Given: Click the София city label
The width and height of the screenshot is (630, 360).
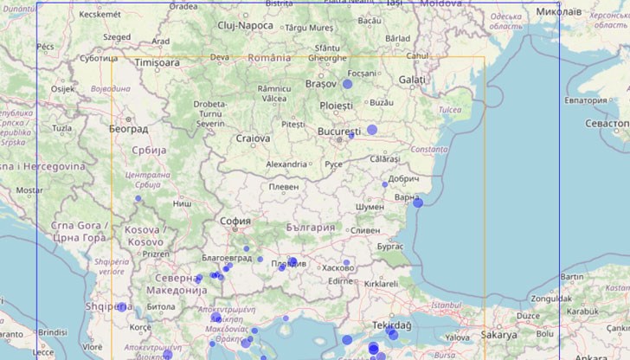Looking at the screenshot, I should [x=235, y=221].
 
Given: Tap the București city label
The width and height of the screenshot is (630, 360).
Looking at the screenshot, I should [x=337, y=132].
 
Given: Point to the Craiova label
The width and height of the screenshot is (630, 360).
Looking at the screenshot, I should [x=253, y=138].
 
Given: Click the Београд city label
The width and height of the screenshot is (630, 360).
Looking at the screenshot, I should [x=128, y=129].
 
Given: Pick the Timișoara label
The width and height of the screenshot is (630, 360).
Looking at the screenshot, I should [x=157, y=63].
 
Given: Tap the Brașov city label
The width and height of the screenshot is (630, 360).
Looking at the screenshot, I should [x=320, y=84].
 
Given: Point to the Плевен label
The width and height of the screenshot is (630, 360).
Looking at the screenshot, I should [x=284, y=186].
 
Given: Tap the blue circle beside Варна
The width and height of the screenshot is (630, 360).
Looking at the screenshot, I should [x=418, y=202].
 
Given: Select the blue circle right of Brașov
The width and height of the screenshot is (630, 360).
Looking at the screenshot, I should [x=348, y=84].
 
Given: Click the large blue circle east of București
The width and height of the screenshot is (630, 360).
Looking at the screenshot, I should [x=372, y=130].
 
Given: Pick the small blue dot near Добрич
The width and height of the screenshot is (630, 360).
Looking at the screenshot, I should [x=385, y=184].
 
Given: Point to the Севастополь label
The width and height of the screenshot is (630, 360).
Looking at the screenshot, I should [x=607, y=124].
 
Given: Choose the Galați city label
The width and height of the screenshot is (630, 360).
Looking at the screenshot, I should [x=412, y=80].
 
